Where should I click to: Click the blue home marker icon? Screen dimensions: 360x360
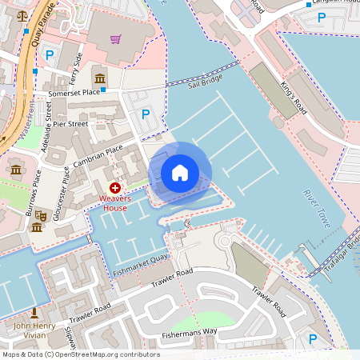pos(180,173)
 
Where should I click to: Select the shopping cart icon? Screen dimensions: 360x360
pos(116,38)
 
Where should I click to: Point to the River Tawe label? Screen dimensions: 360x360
pos(316,209)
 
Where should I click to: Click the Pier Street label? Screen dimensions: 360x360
pos(70,124)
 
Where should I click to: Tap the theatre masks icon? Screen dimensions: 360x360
pos(37,227)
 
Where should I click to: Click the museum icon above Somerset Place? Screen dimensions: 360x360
pos(101,78)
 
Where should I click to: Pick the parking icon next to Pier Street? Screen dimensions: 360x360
pos(146,114)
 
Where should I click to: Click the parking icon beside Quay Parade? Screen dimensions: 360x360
pos(50,54)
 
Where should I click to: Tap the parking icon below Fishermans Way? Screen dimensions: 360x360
pos(312,340)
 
